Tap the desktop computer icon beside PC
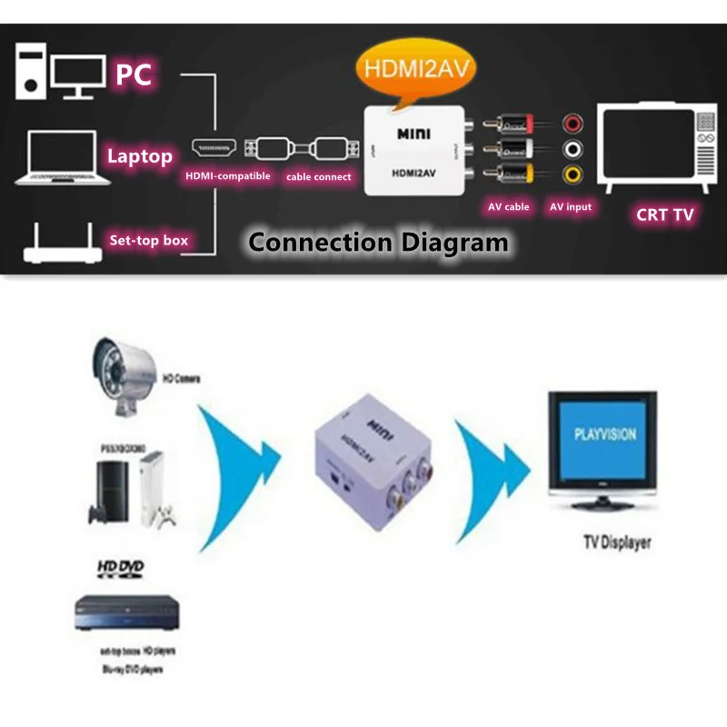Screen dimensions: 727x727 (58, 72)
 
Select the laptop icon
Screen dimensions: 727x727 (57, 157)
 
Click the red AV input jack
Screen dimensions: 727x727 (573, 122)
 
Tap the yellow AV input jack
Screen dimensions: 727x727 (573, 174)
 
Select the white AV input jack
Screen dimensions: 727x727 (573, 148)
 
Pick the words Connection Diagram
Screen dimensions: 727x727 (378, 243)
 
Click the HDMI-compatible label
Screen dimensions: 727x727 (228, 176)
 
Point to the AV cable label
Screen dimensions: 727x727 (508, 207)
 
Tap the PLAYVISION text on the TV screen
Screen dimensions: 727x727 (605, 434)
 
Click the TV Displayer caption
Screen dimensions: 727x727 (617, 543)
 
